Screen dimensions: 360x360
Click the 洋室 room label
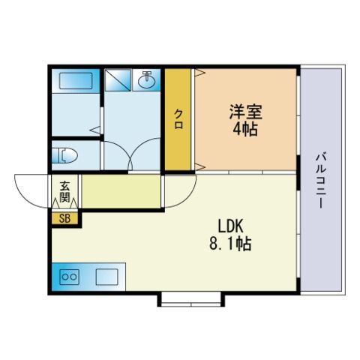(x=246, y=112)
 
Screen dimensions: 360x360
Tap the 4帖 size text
(x=245, y=129)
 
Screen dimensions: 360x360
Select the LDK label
(x=230, y=226)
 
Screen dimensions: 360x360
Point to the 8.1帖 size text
(x=230, y=243)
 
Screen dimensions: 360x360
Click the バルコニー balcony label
(x=321, y=181)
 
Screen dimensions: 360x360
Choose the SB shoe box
(x=64, y=218)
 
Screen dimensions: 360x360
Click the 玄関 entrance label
(x=64, y=192)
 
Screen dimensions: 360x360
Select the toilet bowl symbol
(x=64, y=155)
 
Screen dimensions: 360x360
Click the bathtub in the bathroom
(x=76, y=81)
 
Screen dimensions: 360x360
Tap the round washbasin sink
(x=147, y=81)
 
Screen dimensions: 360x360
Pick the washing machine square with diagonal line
(x=118, y=80)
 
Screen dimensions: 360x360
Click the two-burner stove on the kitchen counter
(x=69, y=277)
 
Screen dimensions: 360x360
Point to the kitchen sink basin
(x=107, y=277)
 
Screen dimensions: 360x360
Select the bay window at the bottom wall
(x=191, y=300)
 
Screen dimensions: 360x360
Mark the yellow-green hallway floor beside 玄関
(x=121, y=191)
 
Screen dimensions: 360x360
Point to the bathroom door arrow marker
(x=95, y=130)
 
